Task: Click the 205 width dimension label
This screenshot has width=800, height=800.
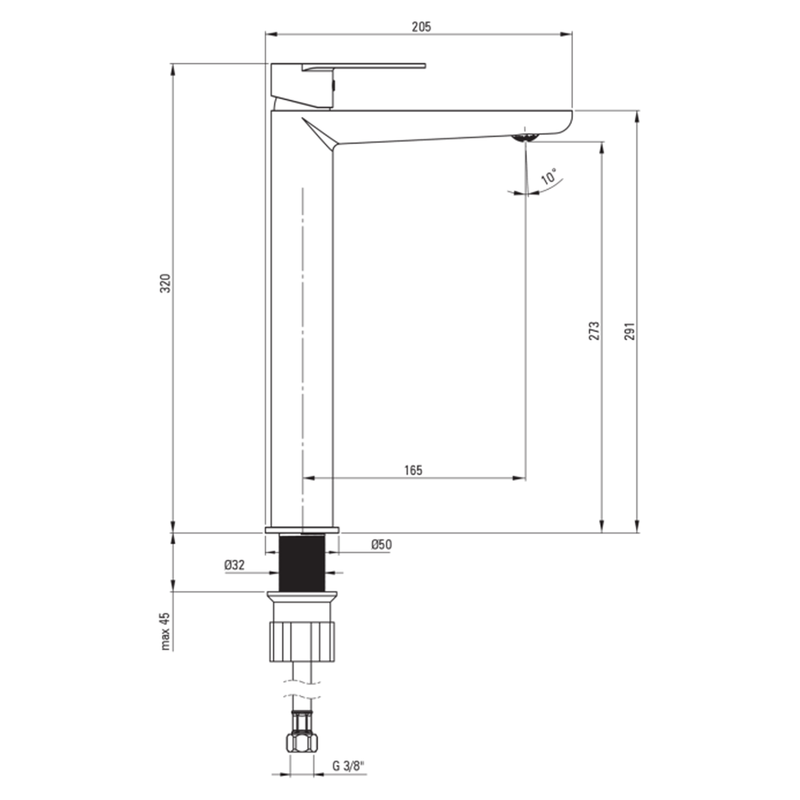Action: (x=421, y=27)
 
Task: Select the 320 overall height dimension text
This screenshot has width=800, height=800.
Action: (x=166, y=283)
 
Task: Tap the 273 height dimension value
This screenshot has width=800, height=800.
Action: (x=594, y=331)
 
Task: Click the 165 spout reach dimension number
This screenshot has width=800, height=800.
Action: (x=413, y=470)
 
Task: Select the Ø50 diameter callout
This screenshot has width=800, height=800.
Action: (x=381, y=544)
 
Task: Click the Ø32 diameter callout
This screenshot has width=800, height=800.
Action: (x=235, y=565)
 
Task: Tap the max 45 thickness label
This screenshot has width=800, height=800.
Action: (x=165, y=632)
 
